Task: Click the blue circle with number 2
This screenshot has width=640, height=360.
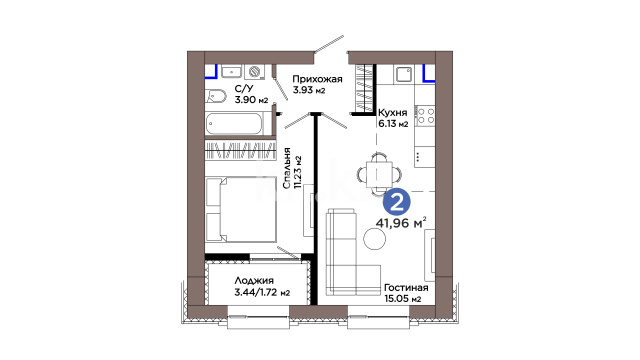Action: tap(397, 202)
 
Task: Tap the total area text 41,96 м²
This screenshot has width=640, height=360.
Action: tap(401, 223)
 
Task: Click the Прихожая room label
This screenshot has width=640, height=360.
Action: tap(317, 79)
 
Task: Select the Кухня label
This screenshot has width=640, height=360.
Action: tap(392, 113)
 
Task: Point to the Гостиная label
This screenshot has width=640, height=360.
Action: tap(406, 288)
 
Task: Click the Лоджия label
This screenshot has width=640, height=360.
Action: tap(254, 281)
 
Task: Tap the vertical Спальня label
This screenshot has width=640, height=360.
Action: tap(287, 168)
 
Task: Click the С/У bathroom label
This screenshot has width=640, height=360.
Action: tap(244, 89)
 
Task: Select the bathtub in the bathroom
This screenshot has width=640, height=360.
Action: tap(234, 124)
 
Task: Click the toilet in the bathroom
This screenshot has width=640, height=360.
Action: tap(216, 96)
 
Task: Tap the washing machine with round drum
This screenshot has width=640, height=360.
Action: tap(255, 72)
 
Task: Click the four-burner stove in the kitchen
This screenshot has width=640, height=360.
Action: tap(425, 116)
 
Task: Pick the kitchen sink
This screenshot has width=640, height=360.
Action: tap(404, 74)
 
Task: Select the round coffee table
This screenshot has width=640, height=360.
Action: tap(375, 238)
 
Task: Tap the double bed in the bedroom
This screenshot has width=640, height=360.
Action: tap(241, 209)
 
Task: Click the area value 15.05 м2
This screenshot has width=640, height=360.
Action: tap(403, 299)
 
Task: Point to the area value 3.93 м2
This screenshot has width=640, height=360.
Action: tap(309, 90)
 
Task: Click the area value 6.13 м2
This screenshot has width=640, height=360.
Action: tap(393, 124)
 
